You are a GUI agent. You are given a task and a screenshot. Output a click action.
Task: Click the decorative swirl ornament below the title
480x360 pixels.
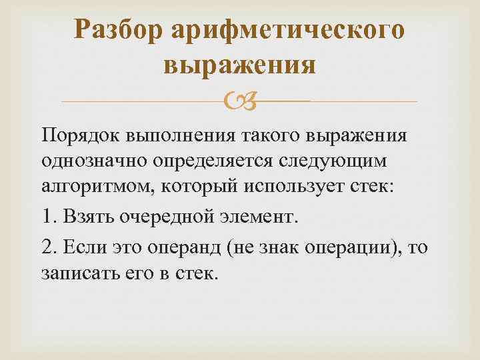point(240,101)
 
